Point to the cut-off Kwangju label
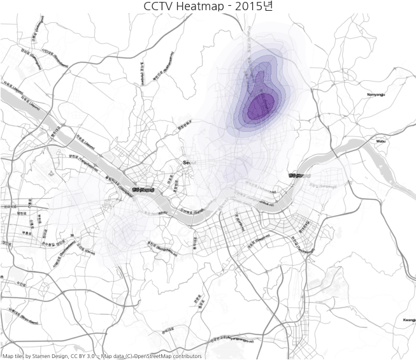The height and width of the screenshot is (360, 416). pos(409,320)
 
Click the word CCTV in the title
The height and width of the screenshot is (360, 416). pos(162,6)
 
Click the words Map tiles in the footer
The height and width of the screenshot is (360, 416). pos(15,356)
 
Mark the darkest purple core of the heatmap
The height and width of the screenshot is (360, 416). pos(261,105)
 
